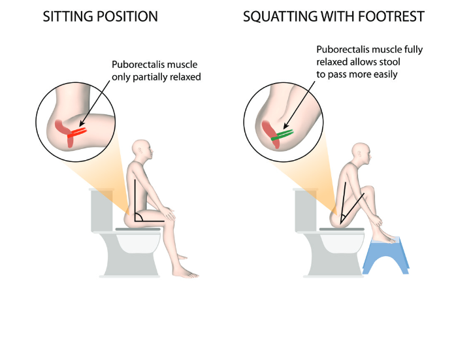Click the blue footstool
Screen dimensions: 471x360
385,255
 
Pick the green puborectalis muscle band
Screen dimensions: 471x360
282,135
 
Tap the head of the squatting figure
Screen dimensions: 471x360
362,154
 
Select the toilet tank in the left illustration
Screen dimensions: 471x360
102,210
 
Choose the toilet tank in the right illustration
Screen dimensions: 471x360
306,210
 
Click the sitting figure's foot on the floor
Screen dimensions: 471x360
188,274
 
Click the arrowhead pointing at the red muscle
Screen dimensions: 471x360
82,123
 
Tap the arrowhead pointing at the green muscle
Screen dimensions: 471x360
286,126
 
